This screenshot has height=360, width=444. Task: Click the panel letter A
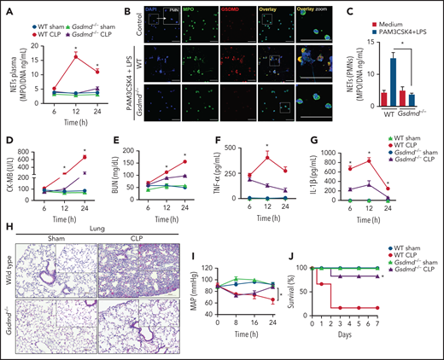[6, 7]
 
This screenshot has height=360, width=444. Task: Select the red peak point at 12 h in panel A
[75, 56]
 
